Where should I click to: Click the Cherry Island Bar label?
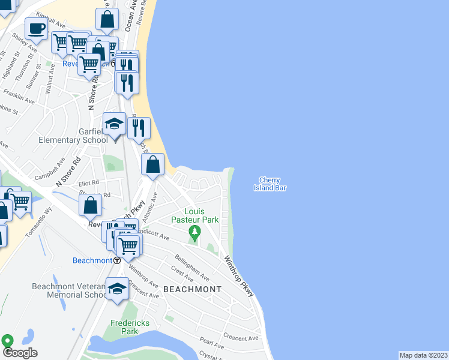tap(272, 184)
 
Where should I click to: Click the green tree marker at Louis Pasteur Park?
tap(194, 232)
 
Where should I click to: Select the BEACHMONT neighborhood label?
tap(192, 289)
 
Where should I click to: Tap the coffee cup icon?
tap(36, 28)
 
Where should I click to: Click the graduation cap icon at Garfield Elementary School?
tap(114, 124)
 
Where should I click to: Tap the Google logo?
tap(20, 353)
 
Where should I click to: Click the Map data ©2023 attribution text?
tap(423, 355)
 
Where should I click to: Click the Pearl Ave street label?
tap(211, 343)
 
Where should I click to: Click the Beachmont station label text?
tap(92, 260)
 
